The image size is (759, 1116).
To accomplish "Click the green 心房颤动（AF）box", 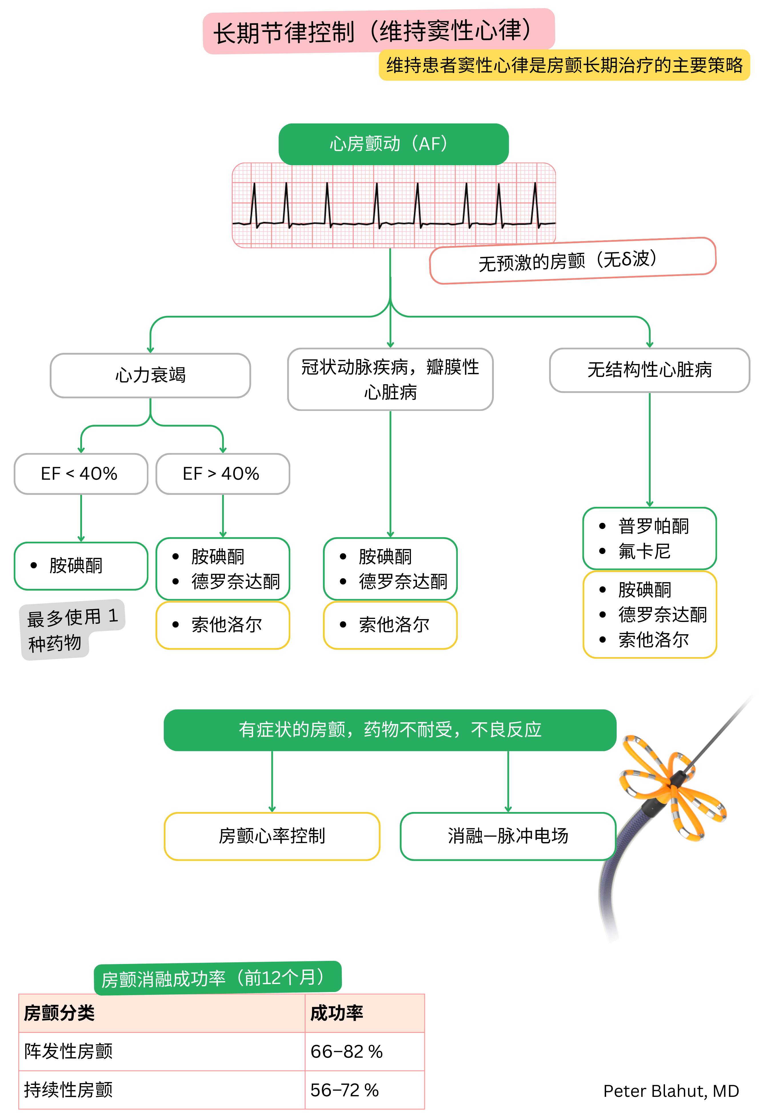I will coord(393,144).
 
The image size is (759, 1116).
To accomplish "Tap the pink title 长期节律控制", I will coord(379,31).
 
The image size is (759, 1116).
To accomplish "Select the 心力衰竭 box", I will coord(150,375).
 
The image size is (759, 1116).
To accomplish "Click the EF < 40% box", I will coord(81,473).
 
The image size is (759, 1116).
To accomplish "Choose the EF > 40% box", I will coord(222,473).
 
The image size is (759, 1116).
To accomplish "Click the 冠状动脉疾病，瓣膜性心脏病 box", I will coord(390,379).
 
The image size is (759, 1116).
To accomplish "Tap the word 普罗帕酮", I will coord(653,526).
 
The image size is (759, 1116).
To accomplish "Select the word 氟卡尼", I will coord(644,551).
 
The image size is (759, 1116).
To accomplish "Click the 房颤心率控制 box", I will coord(272,836).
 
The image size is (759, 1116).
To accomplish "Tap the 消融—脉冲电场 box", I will coord(508,836).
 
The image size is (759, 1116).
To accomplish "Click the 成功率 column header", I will coord(337,1013).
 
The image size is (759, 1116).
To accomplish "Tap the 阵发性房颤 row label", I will coord(68,1052).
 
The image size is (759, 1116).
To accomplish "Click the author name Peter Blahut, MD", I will coord(671,1091).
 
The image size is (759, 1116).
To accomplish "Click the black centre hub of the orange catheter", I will coord(677,778).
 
